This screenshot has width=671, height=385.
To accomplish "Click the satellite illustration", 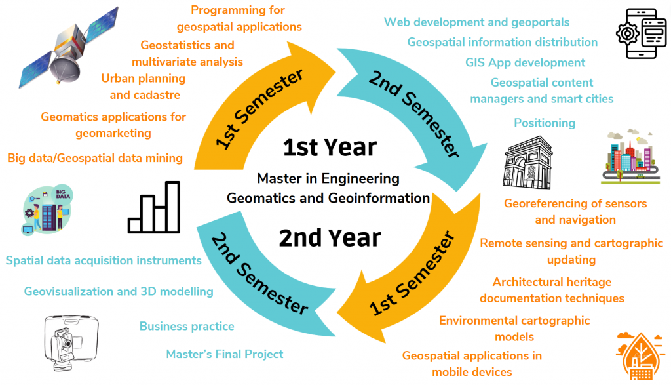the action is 68,48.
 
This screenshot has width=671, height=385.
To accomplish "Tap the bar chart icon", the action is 154,207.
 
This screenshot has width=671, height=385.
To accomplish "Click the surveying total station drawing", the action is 71,343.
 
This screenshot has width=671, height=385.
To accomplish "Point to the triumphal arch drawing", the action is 527,162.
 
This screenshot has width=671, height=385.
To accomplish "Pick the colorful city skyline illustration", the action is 630,157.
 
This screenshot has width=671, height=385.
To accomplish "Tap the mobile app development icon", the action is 641,33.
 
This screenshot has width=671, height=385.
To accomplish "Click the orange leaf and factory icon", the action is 640,355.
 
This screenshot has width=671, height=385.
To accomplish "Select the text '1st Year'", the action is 330,148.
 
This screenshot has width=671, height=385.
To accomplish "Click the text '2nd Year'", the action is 330,238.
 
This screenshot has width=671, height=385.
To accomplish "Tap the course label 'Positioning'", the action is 545,123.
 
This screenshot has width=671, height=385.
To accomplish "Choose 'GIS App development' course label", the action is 525,62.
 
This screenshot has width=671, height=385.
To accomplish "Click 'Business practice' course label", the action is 187,327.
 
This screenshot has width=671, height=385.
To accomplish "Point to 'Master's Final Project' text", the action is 225,354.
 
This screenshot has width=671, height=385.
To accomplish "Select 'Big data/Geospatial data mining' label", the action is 95,158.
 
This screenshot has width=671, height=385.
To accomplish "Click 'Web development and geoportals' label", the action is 477,22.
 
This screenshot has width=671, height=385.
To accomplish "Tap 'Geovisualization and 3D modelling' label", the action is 119,291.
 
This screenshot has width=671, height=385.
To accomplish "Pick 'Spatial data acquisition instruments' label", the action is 104,260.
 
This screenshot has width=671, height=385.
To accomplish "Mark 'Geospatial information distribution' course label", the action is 503,42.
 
